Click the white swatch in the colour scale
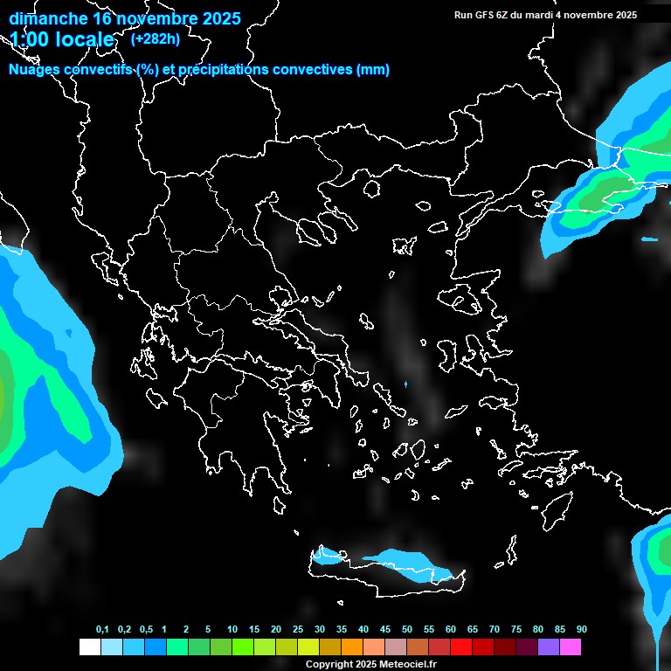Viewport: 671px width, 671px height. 89,647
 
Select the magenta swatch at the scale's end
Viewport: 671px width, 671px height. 571,647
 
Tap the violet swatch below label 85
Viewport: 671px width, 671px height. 549,647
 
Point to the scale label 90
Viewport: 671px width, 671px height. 581,629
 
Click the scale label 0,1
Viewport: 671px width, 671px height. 102,629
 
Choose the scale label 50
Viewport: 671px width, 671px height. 407,629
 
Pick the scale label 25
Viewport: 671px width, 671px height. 298,629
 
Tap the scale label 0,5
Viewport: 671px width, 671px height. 146,629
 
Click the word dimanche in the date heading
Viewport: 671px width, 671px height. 48,18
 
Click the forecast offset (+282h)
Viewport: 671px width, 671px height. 155,38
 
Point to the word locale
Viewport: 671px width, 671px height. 82,40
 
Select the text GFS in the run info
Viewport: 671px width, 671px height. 483,15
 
